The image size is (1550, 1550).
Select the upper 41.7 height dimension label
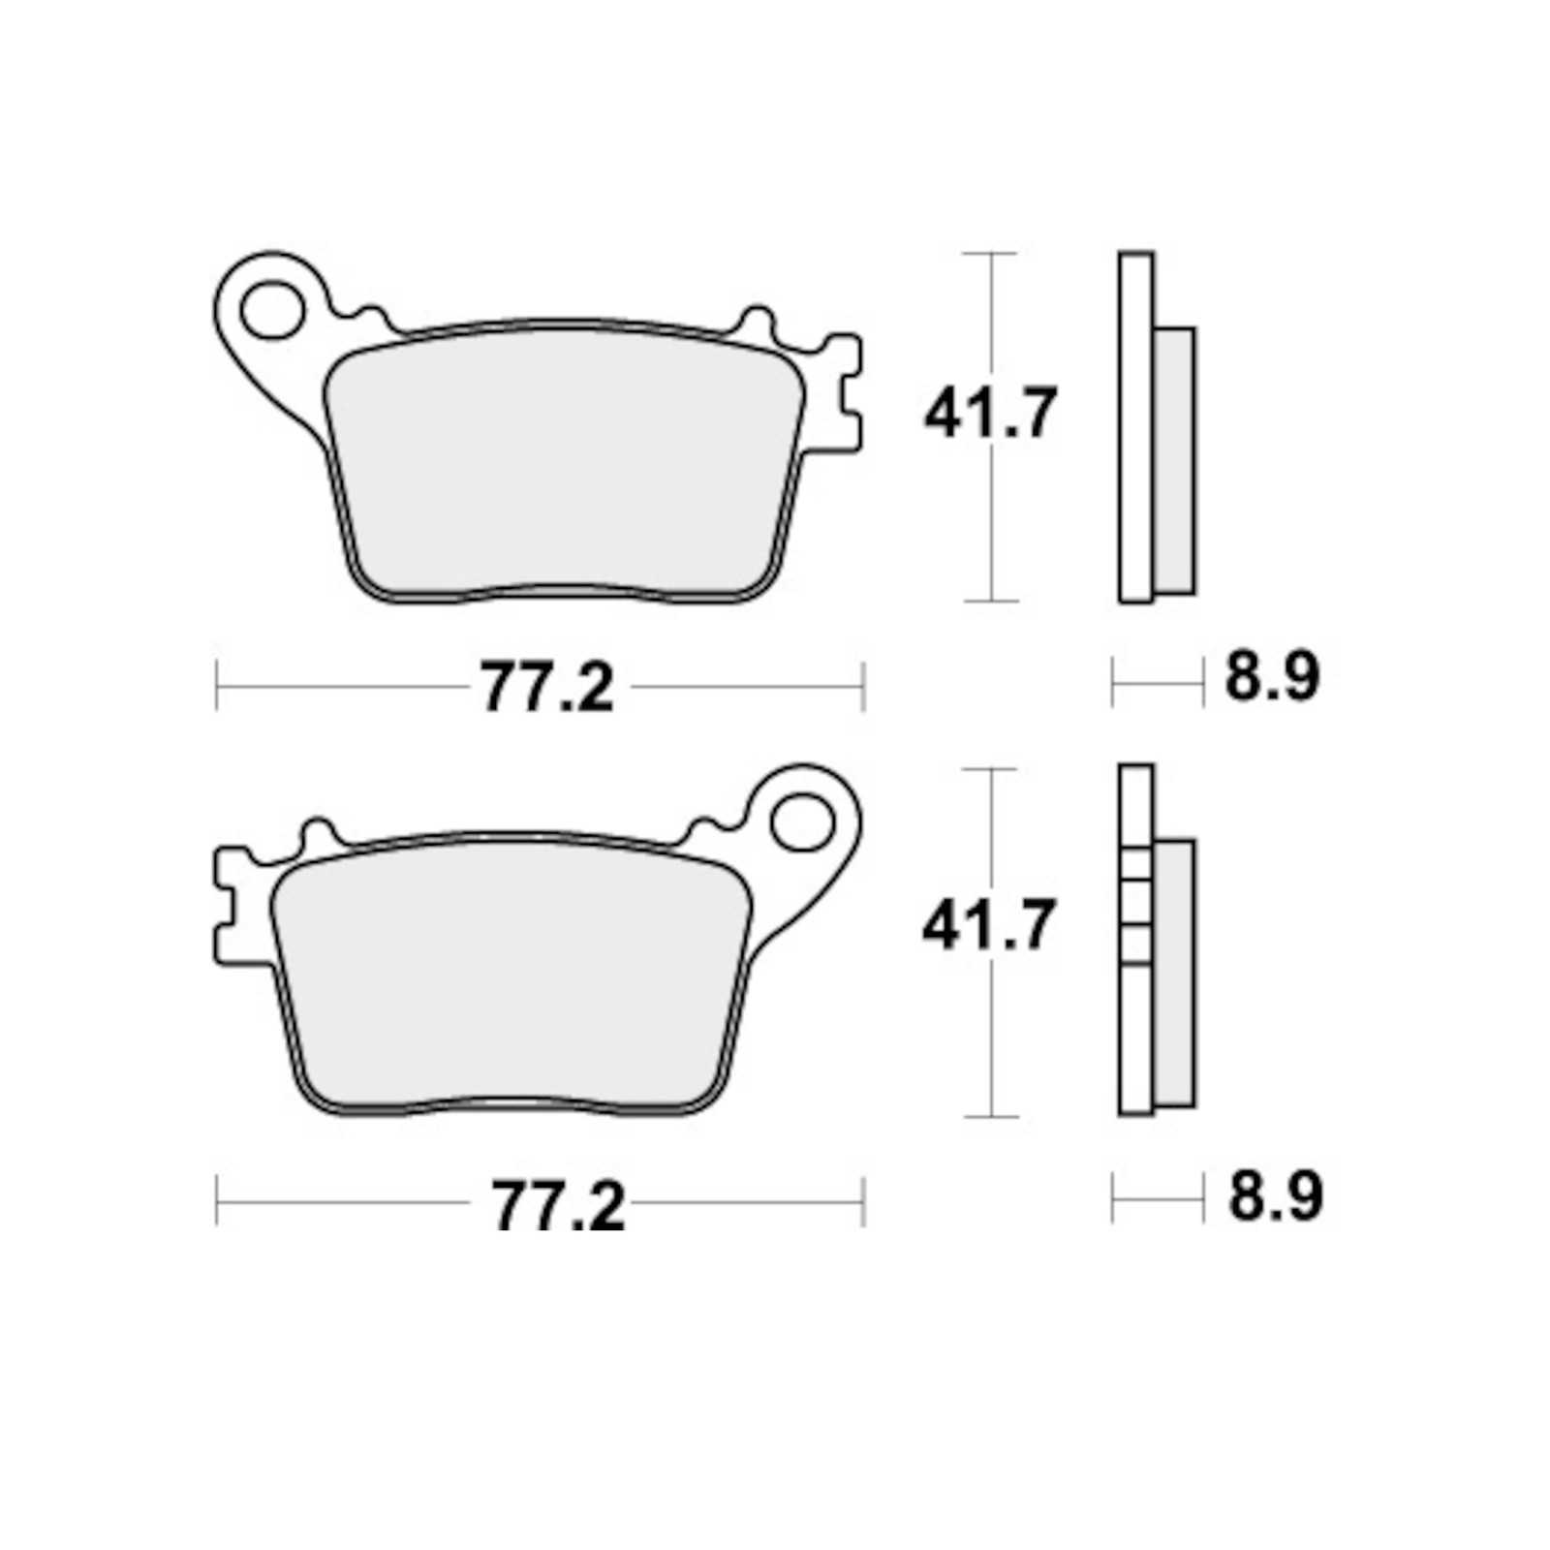click(989, 413)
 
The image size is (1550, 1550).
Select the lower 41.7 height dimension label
click(988, 924)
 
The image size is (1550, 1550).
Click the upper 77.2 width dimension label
click(548, 688)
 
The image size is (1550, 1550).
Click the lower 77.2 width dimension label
click(558, 1204)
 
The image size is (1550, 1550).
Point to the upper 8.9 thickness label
click(1272, 675)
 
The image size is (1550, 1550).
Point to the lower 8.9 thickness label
click(1276, 1196)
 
